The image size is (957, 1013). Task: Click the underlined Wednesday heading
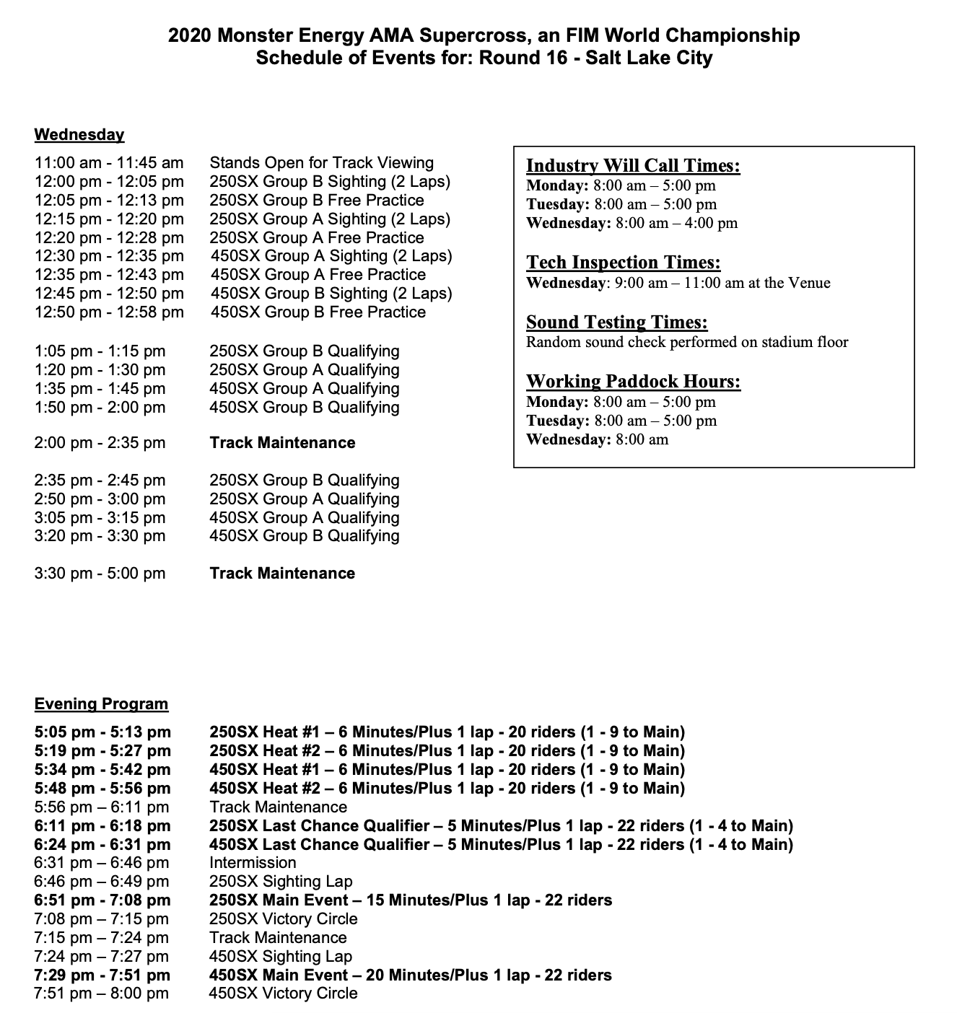pyautogui.click(x=79, y=135)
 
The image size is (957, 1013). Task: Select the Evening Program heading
pyautogui.click(x=101, y=704)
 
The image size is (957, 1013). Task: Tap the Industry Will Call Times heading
pyautogui.click(x=633, y=166)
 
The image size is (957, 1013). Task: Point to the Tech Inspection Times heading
pyautogui.click(x=623, y=263)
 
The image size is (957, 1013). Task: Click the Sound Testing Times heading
pyautogui.click(x=616, y=323)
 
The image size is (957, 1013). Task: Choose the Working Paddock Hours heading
pyautogui.click(x=633, y=382)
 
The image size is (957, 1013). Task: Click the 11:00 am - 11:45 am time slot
pyautogui.click(x=109, y=163)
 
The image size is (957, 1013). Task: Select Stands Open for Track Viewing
pyautogui.click(x=321, y=163)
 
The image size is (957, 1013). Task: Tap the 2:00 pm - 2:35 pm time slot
pyautogui.click(x=100, y=443)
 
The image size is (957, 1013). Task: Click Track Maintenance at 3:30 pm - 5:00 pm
pyautogui.click(x=282, y=574)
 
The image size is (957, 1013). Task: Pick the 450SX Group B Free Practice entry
pyautogui.click(x=318, y=312)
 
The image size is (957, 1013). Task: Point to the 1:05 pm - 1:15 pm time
pyautogui.click(x=100, y=351)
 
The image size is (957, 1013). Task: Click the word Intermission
pyautogui.click(x=253, y=863)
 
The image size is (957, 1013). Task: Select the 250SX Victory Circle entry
pyautogui.click(x=283, y=919)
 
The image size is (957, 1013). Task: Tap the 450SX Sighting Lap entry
pyautogui.click(x=281, y=957)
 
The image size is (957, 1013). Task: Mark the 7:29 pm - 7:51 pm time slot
pyautogui.click(x=102, y=975)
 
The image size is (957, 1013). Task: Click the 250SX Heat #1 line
pyautogui.click(x=447, y=732)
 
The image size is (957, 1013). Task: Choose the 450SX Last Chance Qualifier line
pyautogui.click(x=501, y=845)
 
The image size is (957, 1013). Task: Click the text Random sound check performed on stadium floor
pyautogui.click(x=686, y=342)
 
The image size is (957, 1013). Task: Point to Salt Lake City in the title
pyautogui.click(x=649, y=58)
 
